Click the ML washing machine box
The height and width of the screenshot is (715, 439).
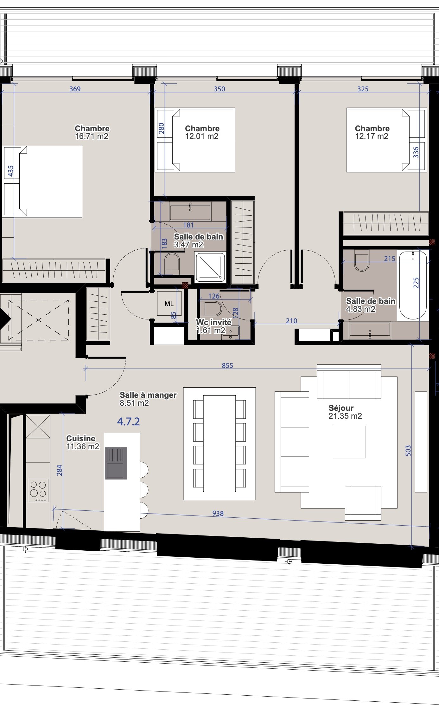pyautogui.click(x=169, y=304)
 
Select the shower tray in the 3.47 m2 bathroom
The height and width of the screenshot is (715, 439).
pyautogui.click(x=210, y=267)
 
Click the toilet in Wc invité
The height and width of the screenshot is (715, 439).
pyautogui.click(x=213, y=308)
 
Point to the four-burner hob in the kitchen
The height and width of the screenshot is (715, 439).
pyautogui.click(x=38, y=490)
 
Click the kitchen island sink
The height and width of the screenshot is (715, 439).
pyautogui.click(x=116, y=463)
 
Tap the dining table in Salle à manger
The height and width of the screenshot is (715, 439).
pyautogui.click(x=220, y=443)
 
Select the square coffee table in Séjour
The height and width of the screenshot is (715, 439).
pyautogui.click(x=349, y=442)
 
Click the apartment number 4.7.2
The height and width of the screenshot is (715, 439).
pyautogui.click(x=128, y=422)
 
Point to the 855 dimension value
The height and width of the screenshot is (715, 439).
pyautogui.click(x=227, y=365)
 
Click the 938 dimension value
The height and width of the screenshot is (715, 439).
pyautogui.click(x=218, y=513)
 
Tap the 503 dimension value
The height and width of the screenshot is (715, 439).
pyautogui.click(x=408, y=451)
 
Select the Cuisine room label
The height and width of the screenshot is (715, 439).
pyautogui.click(x=81, y=438)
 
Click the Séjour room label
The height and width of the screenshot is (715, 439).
pyautogui.click(x=341, y=408)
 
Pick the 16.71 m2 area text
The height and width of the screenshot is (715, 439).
pyautogui.click(x=92, y=136)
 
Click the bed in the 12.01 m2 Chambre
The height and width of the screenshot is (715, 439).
pyautogui.click(x=195, y=140)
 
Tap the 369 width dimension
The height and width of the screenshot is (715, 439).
pyautogui.click(x=75, y=89)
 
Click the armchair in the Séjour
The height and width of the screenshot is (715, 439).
pyautogui.click(x=363, y=503)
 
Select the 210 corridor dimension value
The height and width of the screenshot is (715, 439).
pyautogui.click(x=291, y=321)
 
